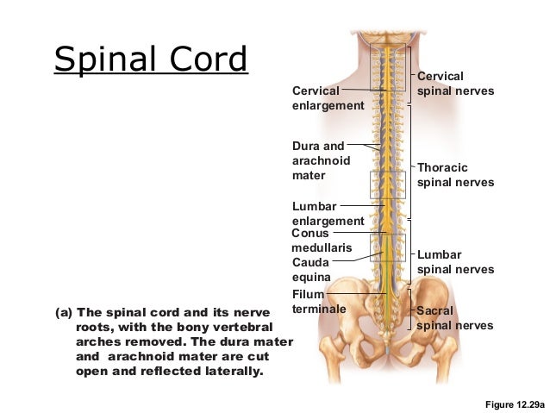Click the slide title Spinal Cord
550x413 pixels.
point(151,59)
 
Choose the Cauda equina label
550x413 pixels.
point(311,270)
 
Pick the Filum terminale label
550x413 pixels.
point(319,302)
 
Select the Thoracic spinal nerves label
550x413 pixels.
point(455,175)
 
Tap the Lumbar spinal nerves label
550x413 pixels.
point(455,262)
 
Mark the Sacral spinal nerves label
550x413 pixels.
point(455,317)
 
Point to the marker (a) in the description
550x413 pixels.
point(64,312)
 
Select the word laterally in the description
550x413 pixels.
point(228,372)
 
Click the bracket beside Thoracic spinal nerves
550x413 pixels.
point(411,161)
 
